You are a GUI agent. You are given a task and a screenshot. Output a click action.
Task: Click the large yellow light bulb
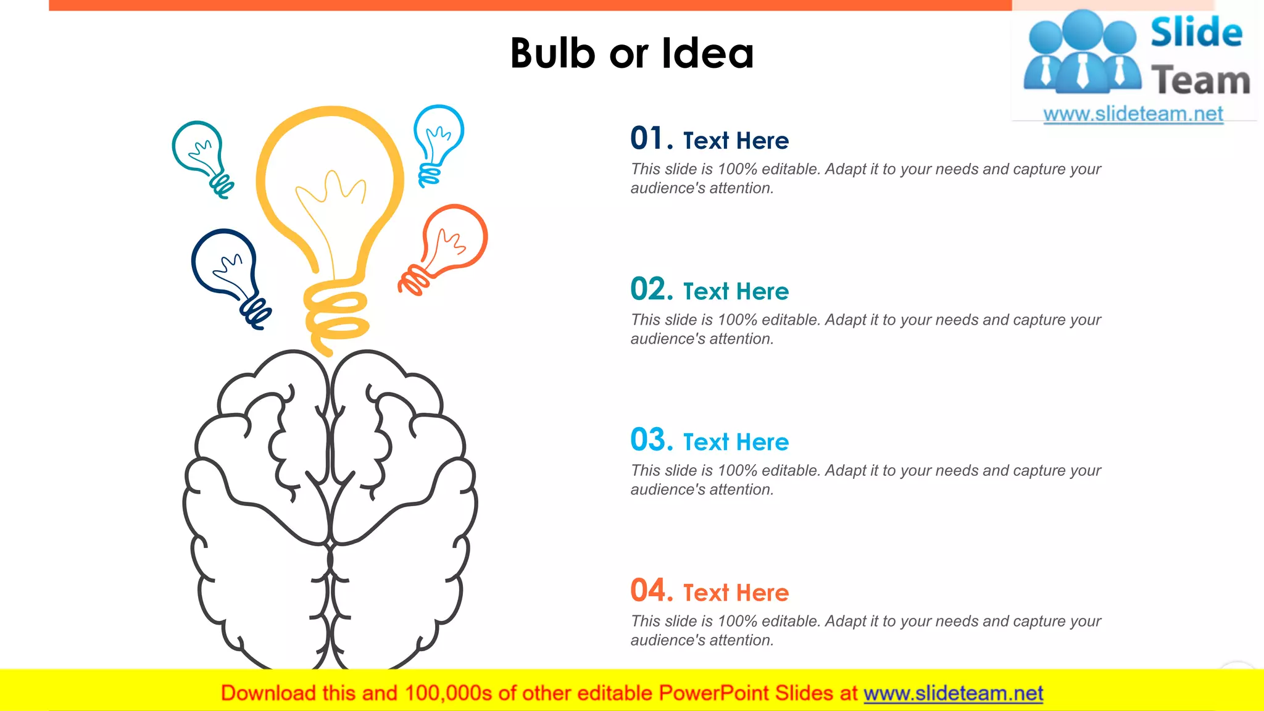pyautogui.click(x=330, y=185)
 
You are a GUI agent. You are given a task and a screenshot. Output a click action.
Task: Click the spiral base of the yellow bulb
pyautogui.click(x=336, y=315)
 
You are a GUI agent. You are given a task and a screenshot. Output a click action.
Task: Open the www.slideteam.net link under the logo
pyautogui.click(x=1133, y=114)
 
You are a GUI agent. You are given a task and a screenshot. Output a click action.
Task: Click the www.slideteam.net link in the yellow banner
pyautogui.click(x=953, y=693)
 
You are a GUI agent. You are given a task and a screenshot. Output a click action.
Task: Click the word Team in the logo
pyautogui.click(x=1200, y=80)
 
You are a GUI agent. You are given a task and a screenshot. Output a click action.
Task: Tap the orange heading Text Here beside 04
pyautogui.click(x=736, y=592)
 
